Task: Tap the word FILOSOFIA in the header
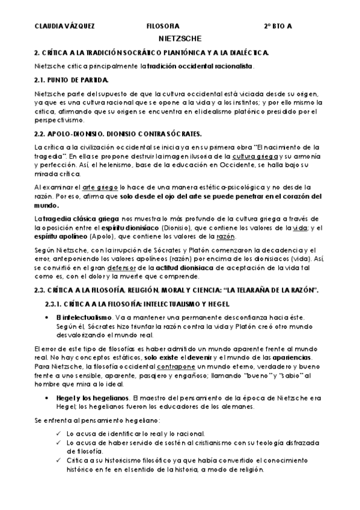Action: point(162,26)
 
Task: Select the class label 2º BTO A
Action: point(278,26)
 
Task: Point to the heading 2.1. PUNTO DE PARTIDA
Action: point(72,79)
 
